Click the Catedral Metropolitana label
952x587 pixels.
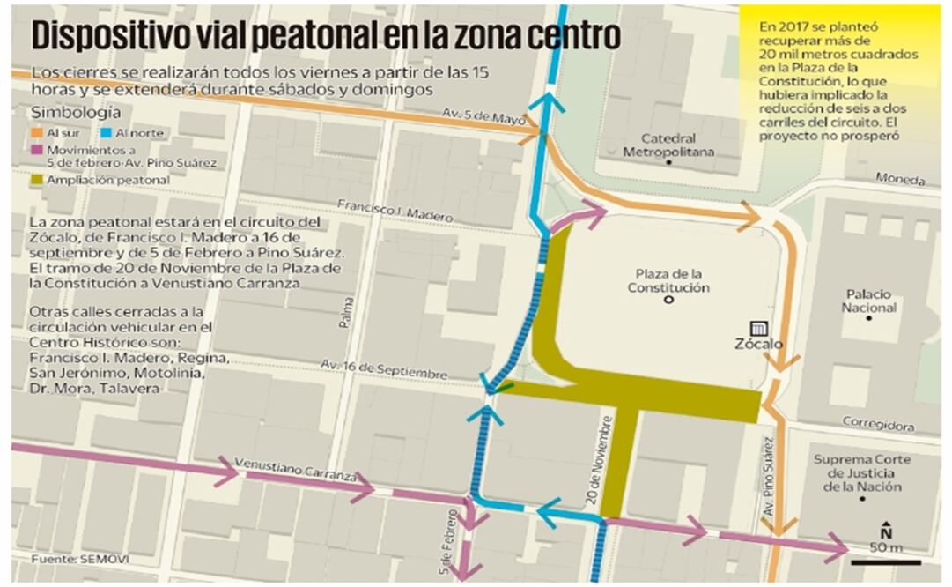tap(668, 145)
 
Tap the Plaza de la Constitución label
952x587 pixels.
tap(668, 280)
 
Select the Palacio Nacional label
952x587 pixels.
tap(868, 301)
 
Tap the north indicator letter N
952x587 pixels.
tap(886, 532)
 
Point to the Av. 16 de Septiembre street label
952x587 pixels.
tap(384, 368)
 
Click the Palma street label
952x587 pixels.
tap(348, 314)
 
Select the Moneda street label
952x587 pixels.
tap(900, 179)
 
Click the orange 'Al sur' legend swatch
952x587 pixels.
tap(37, 132)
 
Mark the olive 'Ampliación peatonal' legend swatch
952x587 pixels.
tap(37, 180)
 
